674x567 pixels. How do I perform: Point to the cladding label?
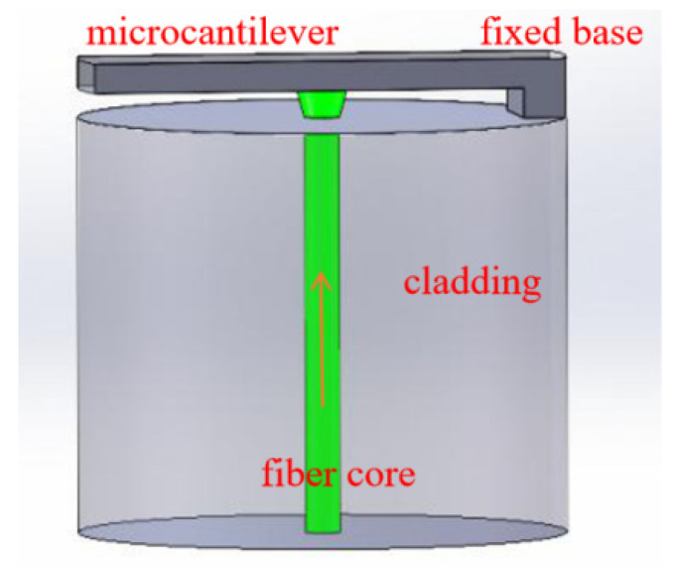tap(472, 284)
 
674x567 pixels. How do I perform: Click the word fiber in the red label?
tap(294, 471)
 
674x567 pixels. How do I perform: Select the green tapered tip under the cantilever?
tap(320, 103)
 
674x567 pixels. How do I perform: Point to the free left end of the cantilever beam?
tap(84, 71)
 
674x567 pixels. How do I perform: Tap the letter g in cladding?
tap(528, 288)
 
